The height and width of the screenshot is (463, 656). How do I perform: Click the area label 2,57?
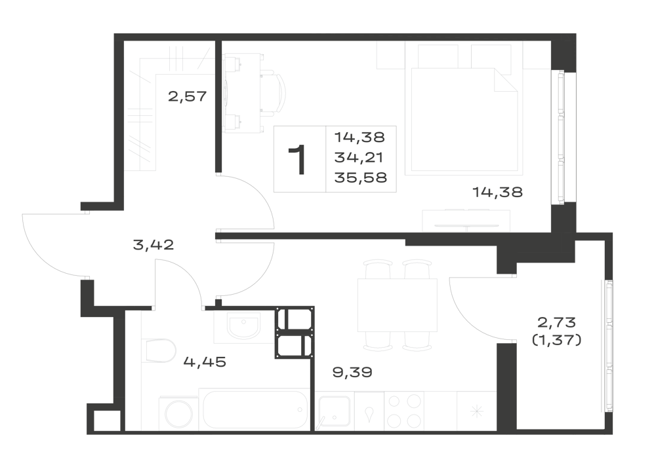pos(188,97)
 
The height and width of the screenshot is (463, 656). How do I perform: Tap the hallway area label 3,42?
pos(153,245)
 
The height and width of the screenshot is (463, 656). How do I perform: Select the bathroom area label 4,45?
pos(205,361)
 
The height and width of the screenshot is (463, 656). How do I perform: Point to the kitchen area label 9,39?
pos(352,372)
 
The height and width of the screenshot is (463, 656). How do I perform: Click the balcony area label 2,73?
pos(556,322)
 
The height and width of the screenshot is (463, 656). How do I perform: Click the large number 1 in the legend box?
pos(298,159)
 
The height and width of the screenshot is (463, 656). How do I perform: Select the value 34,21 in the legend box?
pos(359,158)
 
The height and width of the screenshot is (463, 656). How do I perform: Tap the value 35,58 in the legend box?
pos(361,178)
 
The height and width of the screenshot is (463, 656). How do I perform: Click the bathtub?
pos(255,409)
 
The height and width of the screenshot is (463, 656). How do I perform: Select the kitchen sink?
pos(335,411)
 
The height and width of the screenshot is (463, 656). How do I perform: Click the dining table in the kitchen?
pos(398,305)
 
